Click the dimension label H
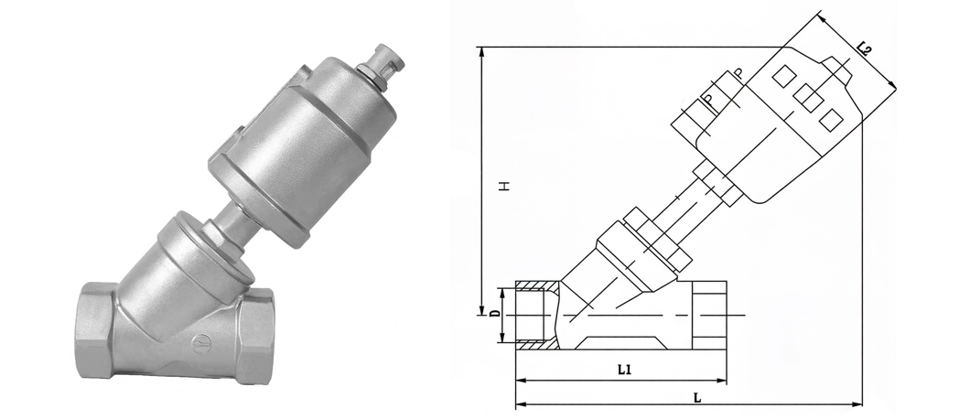[505, 185]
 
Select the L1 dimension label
[624, 371]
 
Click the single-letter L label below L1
[697, 398]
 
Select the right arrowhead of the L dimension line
[856, 404]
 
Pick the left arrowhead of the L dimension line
[523, 404]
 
